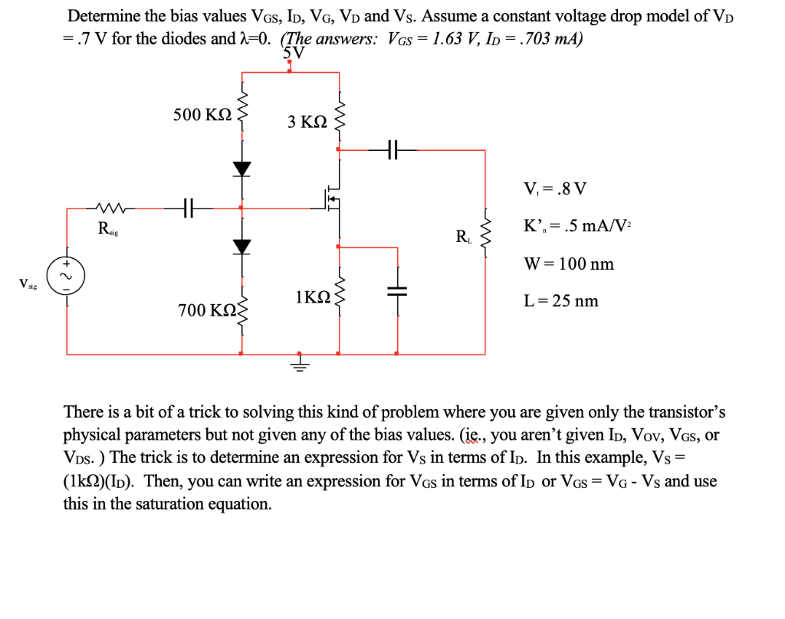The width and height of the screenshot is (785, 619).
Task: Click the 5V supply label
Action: [x=293, y=53]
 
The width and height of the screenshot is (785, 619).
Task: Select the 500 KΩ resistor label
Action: [x=202, y=115]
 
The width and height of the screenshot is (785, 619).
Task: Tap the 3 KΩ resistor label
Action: [x=307, y=121]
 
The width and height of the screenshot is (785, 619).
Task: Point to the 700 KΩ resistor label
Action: [x=206, y=310]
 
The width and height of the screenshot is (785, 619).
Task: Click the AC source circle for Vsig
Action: [x=66, y=274]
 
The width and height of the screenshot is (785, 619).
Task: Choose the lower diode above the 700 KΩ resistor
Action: [x=242, y=246]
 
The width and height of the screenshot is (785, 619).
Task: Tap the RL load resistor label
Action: [x=464, y=237]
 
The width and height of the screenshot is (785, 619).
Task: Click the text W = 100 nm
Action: [x=569, y=264]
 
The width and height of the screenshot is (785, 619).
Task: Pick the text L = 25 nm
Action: [x=561, y=301]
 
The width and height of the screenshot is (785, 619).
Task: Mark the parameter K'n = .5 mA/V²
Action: [x=577, y=227]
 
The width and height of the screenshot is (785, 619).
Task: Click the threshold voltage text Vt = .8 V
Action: [x=555, y=189]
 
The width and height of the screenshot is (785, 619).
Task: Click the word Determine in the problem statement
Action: [x=103, y=16]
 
